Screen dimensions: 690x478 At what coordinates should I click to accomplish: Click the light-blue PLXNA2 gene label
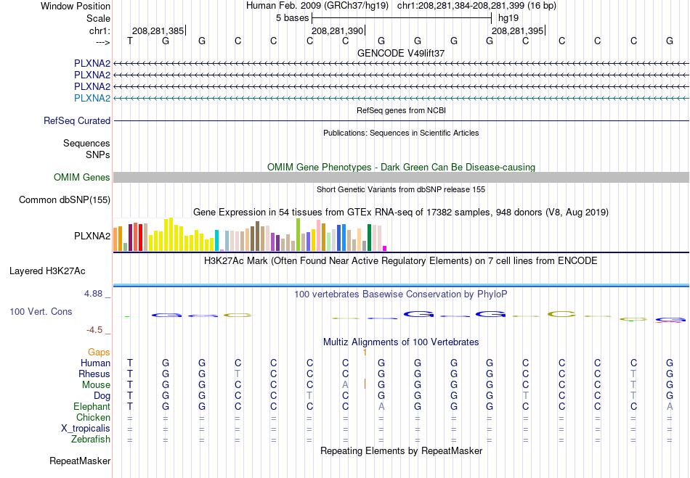click(x=92, y=98)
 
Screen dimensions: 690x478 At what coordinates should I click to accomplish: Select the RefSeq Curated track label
click(x=77, y=121)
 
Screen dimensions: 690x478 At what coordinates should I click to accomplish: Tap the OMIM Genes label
click(x=82, y=178)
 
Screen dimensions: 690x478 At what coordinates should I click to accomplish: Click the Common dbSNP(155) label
click(x=65, y=200)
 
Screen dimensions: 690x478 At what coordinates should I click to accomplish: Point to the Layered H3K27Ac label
click(x=47, y=271)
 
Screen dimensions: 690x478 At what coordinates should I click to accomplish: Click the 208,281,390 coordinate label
click(x=338, y=30)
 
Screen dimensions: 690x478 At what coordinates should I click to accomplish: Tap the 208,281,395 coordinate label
click(x=517, y=30)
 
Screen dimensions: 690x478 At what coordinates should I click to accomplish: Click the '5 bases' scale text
click(x=293, y=18)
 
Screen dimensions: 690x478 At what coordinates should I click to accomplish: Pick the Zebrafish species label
click(x=91, y=440)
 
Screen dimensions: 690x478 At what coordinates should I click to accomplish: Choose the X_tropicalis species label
click(x=86, y=429)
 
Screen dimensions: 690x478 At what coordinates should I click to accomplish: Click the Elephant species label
click(x=92, y=407)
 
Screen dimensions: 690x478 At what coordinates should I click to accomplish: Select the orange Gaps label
click(x=99, y=353)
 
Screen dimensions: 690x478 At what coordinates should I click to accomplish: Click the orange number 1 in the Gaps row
click(x=365, y=353)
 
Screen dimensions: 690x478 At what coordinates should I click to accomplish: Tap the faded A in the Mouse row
click(x=346, y=385)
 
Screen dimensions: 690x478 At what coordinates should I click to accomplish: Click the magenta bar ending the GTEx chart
click(x=385, y=248)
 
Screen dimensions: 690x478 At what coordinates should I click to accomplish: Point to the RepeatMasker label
click(x=80, y=461)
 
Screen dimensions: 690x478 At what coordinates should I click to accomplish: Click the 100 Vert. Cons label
click(x=41, y=312)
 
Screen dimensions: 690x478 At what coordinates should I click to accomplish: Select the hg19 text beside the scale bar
click(x=508, y=18)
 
